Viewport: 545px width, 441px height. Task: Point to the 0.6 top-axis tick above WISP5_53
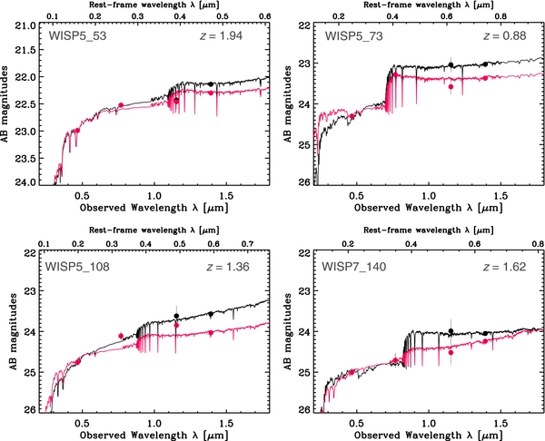click(x=265, y=16)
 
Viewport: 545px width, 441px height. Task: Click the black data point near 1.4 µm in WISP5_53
click(x=211, y=83)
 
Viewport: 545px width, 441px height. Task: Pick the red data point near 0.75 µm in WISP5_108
click(x=121, y=336)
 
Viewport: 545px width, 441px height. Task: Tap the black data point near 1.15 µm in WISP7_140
click(x=451, y=331)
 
